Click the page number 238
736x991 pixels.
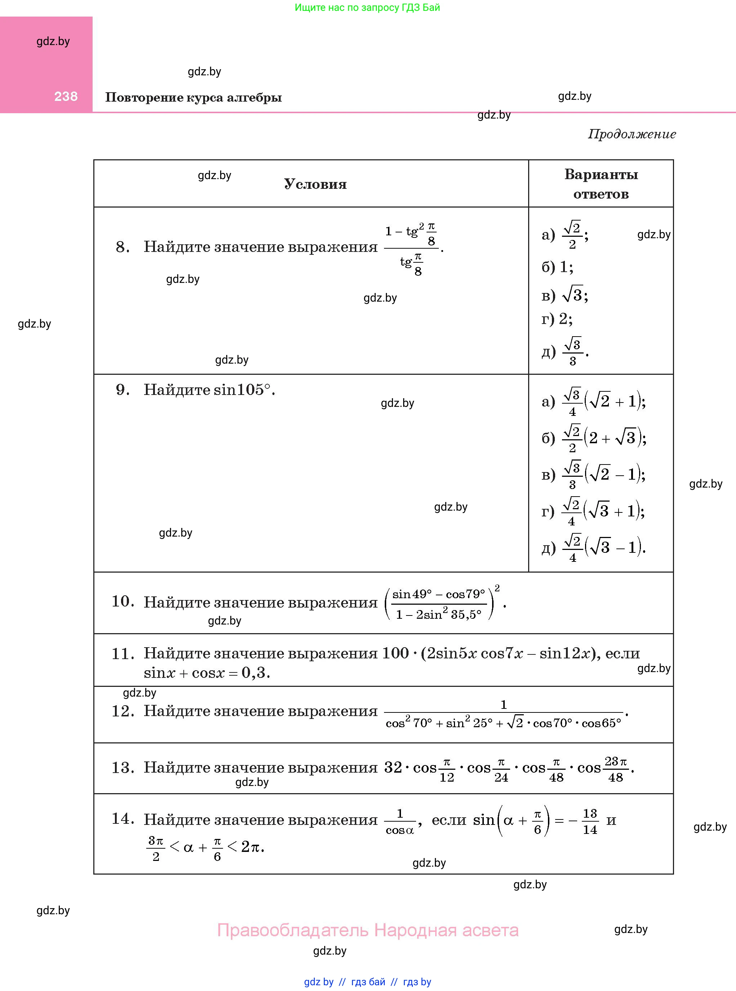66,96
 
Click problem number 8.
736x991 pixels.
122,247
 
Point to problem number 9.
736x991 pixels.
122,390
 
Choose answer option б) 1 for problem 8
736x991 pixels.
557,267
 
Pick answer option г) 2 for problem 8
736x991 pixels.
557,319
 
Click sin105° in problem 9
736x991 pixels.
242,390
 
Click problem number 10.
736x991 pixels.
122,601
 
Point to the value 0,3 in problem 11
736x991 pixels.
256,672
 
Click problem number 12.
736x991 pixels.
122,711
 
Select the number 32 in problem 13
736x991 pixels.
393,767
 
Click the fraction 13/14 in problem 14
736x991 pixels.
590,821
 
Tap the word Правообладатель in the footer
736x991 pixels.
293,930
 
